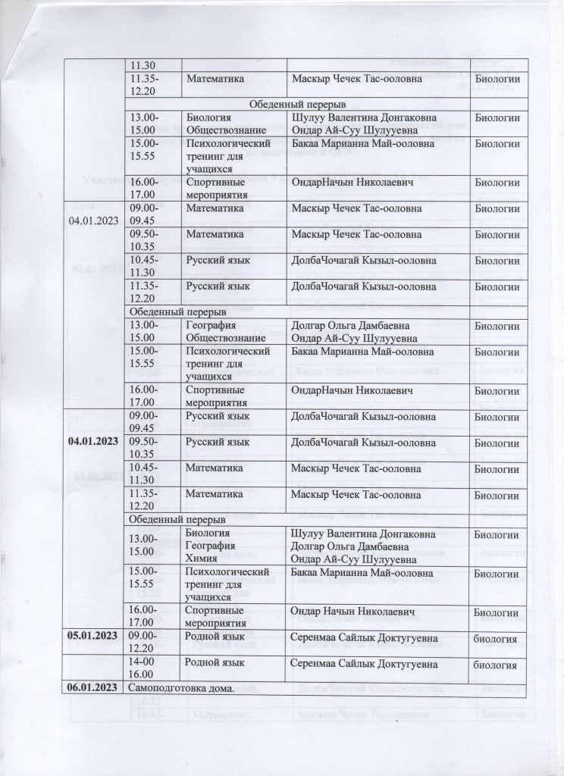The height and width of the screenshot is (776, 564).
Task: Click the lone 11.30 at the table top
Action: [142, 66]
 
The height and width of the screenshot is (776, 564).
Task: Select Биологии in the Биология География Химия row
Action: [497, 535]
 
